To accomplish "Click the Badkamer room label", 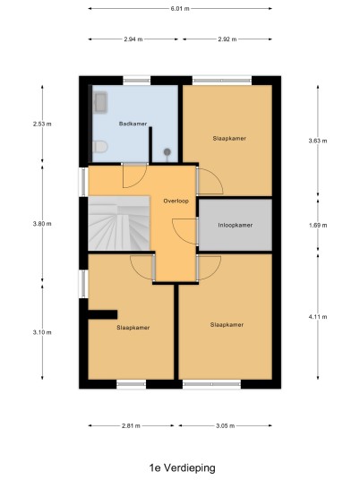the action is (133, 124).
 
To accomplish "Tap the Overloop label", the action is (176, 201).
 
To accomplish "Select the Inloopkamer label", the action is (236, 225).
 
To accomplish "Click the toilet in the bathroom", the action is (100, 147).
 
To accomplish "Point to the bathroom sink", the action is (100, 102).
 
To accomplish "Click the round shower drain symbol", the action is (167, 151).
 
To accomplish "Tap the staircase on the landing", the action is (119, 223).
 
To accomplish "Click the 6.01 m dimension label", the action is (180, 9).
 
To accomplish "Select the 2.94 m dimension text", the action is (133, 39).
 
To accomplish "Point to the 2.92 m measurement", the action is (227, 39).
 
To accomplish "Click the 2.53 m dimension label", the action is (42, 124).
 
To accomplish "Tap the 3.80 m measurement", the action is (42, 224).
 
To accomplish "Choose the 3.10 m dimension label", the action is (42, 332).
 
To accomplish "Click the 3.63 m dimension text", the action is (318, 141).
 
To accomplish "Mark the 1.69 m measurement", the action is (318, 226).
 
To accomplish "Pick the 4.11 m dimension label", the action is (318, 317).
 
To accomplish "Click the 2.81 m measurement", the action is (131, 425).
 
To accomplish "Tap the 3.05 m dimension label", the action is (226, 425).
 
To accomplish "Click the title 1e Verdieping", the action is (182, 467).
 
